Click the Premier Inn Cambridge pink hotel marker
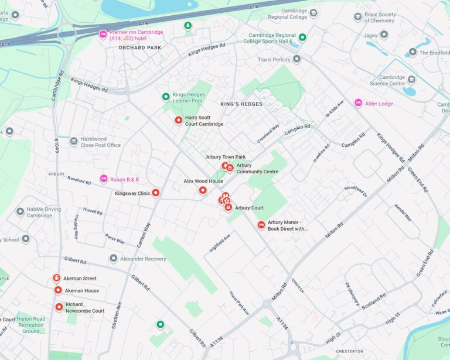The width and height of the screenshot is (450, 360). click(103, 34)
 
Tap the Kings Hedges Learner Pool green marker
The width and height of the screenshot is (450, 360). click(166, 97)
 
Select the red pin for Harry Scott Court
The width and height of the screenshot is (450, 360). click(179, 120)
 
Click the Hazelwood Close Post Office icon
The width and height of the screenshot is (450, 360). click(73, 141)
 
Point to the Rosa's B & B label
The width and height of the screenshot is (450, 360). click(124, 179)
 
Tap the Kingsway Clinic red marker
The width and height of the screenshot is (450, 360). click(156, 193)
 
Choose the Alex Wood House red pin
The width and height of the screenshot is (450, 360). click(203, 190)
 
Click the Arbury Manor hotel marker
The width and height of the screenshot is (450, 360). click(261, 225)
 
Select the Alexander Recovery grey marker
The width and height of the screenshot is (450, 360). click(114, 258)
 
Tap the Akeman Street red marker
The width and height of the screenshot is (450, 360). click(57, 278)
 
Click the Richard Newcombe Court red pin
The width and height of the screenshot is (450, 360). click(59, 307)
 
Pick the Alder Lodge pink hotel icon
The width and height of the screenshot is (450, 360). click(358, 103)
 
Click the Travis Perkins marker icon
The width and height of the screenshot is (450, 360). click(296, 59)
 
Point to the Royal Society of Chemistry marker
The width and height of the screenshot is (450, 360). click(357, 17)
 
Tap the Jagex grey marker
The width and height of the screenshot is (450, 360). click(384, 35)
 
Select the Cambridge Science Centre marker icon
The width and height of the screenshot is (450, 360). click(411, 80)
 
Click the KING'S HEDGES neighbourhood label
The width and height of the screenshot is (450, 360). click(241, 104)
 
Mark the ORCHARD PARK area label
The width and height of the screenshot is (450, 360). click(139, 48)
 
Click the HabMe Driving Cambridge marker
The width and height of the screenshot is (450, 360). click(20, 211)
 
